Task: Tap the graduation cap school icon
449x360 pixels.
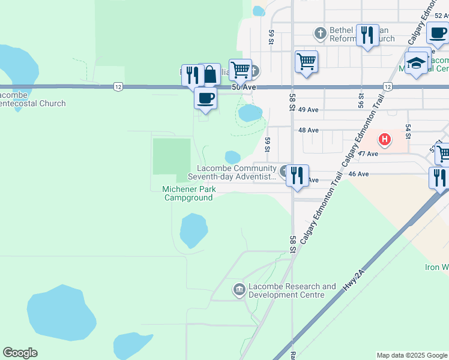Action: [416, 62]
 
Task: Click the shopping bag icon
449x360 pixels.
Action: [210, 75]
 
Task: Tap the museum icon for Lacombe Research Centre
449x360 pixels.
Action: [240, 290]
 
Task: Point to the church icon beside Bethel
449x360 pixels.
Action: [321, 33]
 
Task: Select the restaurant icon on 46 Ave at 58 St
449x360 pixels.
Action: [297, 175]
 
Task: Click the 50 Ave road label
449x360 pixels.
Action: [243, 88]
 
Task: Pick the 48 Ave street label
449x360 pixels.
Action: [308, 130]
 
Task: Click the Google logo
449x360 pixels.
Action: [20, 353]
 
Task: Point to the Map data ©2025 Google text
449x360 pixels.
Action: [411, 355]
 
